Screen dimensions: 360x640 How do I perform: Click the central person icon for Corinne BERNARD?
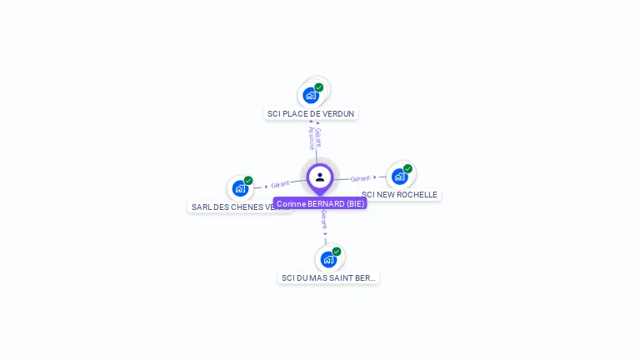point(320,177)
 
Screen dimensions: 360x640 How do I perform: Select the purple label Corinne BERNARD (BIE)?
point(320,203)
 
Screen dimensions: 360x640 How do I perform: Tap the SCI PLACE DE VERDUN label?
point(311,113)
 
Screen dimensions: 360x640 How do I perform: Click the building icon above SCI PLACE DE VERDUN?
point(311,96)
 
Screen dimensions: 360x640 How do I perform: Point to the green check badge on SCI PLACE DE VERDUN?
point(319,87)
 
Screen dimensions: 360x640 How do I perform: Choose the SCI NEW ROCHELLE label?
point(400,195)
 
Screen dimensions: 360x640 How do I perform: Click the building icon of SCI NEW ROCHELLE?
point(400,177)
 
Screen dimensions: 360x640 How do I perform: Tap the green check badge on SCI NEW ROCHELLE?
point(408,168)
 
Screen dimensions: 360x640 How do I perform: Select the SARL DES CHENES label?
point(239,207)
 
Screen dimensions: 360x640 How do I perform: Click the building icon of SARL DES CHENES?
point(240,188)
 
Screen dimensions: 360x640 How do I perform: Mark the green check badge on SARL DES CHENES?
point(248,180)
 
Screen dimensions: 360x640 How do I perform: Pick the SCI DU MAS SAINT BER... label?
point(329,277)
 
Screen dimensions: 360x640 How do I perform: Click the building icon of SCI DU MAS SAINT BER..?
point(328,260)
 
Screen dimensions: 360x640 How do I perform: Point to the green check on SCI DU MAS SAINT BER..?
point(337,252)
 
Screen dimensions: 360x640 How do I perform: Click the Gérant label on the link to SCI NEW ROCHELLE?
point(360,178)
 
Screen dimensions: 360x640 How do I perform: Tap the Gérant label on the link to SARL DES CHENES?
point(280,184)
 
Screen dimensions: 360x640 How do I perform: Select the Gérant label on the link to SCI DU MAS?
point(324,220)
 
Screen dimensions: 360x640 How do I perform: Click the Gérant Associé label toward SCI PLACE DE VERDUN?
point(314,137)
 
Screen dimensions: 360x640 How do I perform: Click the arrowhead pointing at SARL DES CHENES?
point(265,186)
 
